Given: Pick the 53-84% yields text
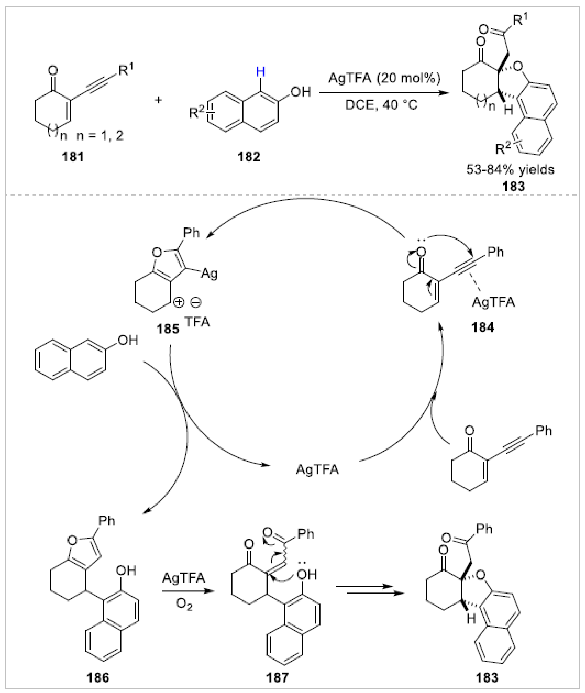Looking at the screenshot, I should tap(510, 170).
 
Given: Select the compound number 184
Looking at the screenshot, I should tap(483, 327).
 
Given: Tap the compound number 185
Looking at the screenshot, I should tap(168, 329).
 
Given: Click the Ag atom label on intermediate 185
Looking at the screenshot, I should tap(210, 274).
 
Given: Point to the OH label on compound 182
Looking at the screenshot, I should tap(301, 92).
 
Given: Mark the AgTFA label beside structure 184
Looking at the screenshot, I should tap(494, 302).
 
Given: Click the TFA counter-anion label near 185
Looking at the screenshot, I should tap(197, 322).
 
